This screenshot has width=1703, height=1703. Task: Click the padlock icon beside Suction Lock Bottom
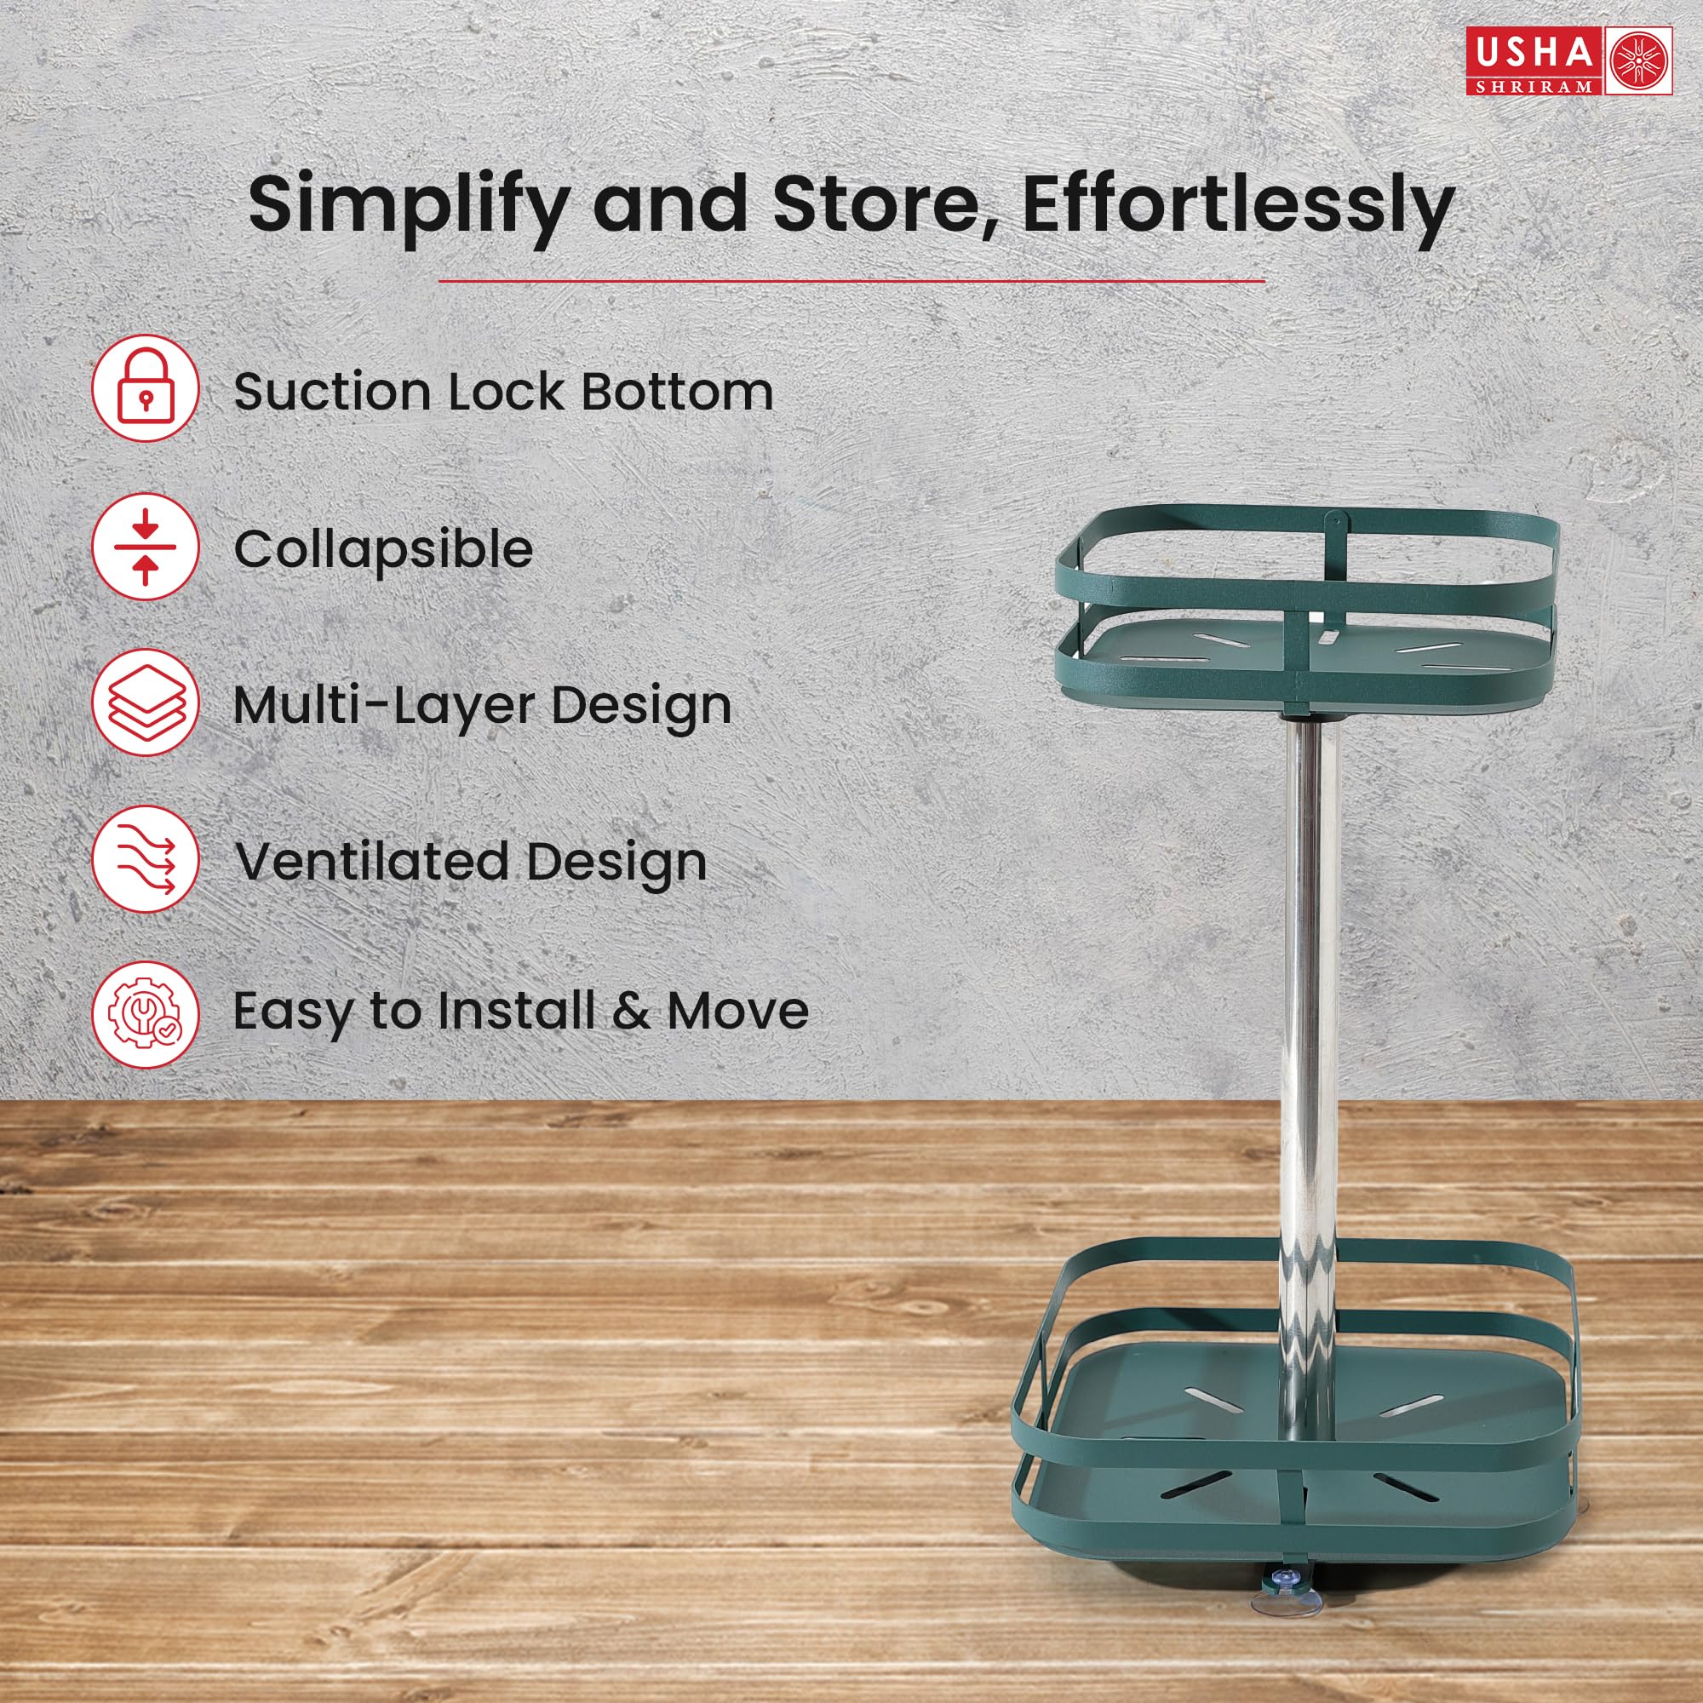point(146,389)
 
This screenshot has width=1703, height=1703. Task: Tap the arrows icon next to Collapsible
point(146,547)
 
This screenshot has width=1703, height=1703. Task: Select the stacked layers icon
point(146,702)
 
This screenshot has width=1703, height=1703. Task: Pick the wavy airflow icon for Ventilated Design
point(146,859)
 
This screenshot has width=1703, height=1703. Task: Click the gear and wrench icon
point(146,1016)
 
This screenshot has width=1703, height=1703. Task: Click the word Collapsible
point(383,550)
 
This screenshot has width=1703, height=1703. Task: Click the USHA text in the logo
point(1534,53)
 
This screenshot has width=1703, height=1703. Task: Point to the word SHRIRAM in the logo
point(1534,85)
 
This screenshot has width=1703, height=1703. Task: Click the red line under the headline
point(851,282)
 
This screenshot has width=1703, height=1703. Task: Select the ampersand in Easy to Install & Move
point(631,1010)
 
